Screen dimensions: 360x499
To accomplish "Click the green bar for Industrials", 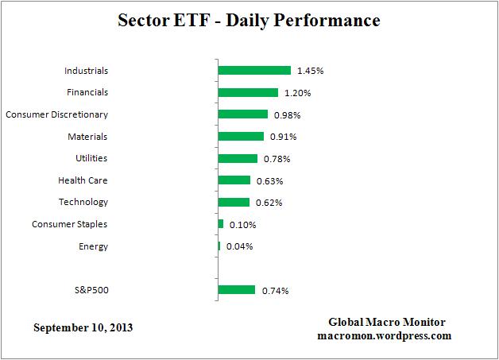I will pos(254,71).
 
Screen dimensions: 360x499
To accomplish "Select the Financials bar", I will pos(248,92).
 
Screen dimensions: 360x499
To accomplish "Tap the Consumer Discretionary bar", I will pos(242,114).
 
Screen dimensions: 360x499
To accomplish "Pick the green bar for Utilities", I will pos(238,158).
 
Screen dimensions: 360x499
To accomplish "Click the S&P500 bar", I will pos(236,290).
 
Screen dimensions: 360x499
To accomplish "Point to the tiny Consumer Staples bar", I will pos(221,224).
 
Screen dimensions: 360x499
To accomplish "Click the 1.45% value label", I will pos(310,71).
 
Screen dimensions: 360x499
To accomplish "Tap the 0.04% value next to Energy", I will pos(239,246).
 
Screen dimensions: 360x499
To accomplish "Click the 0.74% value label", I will pos(275,291).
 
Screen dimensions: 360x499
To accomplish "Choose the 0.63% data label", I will pos(270,180).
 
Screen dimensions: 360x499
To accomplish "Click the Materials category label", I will pos(89,136).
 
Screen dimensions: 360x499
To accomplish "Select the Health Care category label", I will pos(83,180).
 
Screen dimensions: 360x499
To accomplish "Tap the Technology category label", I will pos(83,202).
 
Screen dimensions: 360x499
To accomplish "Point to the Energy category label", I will pos(93,246).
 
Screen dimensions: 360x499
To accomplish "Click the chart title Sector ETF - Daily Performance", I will pos(249,19).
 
